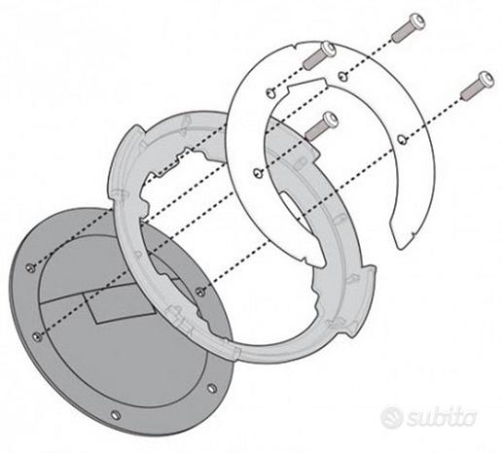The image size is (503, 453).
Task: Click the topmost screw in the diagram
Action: (409, 27)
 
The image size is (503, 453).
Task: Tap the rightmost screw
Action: (477, 85)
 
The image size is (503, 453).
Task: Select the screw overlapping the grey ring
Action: (322, 125)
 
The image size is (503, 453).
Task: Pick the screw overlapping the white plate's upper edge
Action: (319, 55)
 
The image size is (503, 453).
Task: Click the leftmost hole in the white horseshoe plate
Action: (257, 173)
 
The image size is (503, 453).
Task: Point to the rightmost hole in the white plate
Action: (401, 139)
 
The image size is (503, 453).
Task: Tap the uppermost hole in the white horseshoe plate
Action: (342, 76)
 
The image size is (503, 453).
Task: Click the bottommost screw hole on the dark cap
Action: (116, 415)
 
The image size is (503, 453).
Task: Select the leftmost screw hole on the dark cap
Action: (30, 267)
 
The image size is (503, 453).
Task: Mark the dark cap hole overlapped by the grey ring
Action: (199, 292)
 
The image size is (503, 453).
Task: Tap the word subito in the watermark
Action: (442, 418)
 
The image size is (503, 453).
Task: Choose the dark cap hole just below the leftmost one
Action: (38, 336)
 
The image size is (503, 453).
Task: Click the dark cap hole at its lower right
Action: (212, 388)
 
